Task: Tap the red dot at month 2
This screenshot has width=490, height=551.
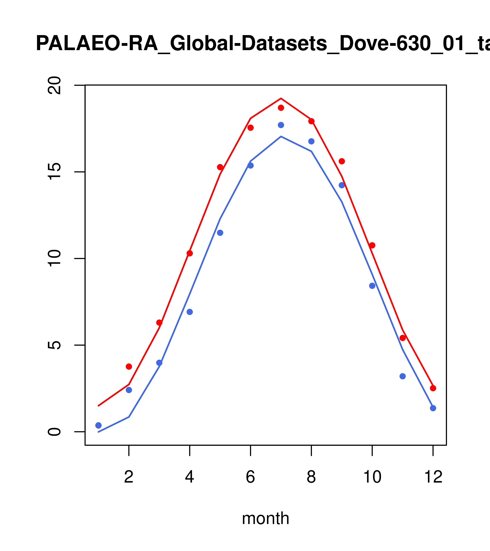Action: (129, 367)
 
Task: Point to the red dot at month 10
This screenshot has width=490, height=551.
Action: (372, 245)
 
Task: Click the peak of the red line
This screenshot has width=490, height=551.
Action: (281, 98)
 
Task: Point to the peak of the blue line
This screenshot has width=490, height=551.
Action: (281, 136)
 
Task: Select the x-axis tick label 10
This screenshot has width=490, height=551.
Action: (372, 477)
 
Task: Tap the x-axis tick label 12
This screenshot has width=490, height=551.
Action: (433, 477)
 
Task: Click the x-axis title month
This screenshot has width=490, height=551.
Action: (265, 518)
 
